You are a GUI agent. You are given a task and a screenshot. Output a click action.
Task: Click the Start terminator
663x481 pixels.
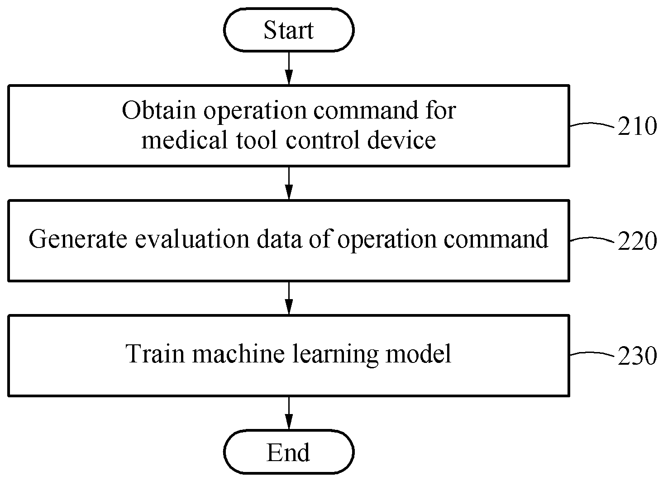coord(289,30)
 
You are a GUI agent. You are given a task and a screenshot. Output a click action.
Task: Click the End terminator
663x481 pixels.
coord(289,452)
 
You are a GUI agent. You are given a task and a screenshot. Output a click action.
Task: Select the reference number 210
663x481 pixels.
coord(637,126)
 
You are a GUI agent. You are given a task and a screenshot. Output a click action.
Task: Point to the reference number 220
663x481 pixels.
coord(637,241)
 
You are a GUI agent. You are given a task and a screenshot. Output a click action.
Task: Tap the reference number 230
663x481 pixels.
coord(637,356)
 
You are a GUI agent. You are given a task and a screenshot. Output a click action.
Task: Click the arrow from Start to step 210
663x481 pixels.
coord(289,68)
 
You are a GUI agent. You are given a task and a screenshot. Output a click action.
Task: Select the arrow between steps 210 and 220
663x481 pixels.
coord(289,183)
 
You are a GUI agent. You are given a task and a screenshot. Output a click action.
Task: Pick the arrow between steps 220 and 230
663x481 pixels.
coord(289,298)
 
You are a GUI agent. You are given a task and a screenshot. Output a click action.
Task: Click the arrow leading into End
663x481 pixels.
coord(289,413)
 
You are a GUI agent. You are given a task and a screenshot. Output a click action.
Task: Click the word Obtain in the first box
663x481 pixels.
coord(159,110)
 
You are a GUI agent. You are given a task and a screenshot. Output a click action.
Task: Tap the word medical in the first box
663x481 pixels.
coord(184,139)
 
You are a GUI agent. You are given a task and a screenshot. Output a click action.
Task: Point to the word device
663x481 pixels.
coord(401,139)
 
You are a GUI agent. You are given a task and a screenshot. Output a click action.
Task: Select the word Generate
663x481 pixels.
coord(78,238)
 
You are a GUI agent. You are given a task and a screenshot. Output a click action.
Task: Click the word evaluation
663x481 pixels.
coord(192,238)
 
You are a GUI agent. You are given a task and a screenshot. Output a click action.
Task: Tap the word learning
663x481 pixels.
coord(335,354)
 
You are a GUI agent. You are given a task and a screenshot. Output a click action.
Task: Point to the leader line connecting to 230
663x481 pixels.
coord(592,353)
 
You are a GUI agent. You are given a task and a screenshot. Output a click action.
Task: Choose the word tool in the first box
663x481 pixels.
coord(257,139)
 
